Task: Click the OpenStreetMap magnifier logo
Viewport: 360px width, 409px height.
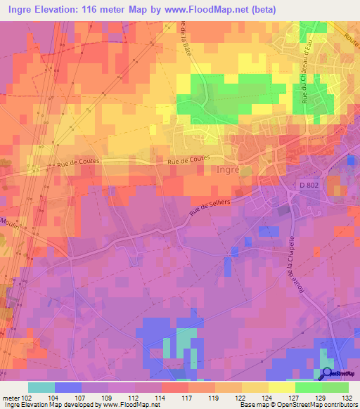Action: [x=327, y=373]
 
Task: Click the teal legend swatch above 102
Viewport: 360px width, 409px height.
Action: [x=41, y=387]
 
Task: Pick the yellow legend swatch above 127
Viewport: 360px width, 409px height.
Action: [x=281, y=387]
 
